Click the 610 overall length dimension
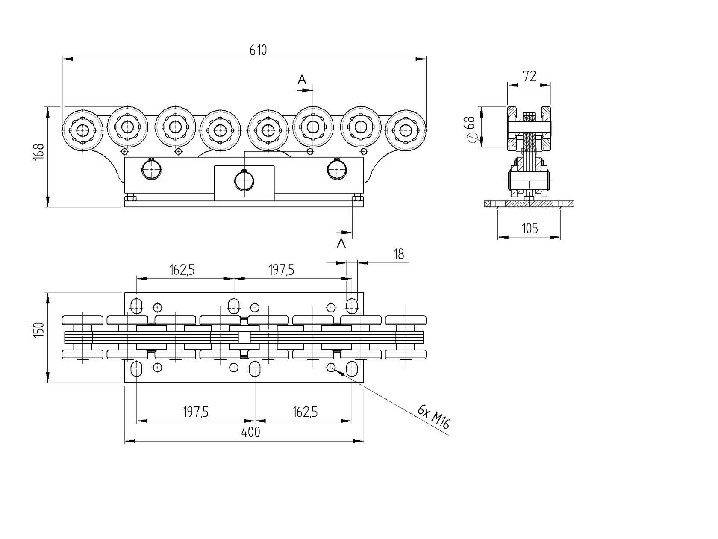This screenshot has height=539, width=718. coord(258,50)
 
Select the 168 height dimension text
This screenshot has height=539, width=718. coord(38,152)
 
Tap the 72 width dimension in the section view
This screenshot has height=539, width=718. coord(529,77)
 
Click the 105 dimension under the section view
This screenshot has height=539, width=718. coord(530,229)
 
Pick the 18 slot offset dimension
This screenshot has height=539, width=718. coord(398,255)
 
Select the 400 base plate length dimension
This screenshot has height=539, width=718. coord(250,433)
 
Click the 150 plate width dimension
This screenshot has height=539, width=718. coord(38,330)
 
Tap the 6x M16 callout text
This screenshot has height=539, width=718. coord(433,417)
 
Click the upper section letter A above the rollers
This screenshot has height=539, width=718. coord(302,80)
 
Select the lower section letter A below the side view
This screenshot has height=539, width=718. coord(341,244)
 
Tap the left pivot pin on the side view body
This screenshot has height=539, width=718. coord(151,170)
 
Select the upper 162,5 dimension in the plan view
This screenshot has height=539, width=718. coord(182,270)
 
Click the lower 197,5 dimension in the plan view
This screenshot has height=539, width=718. coord(195,412)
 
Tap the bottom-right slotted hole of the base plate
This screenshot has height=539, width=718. coord(352,368)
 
